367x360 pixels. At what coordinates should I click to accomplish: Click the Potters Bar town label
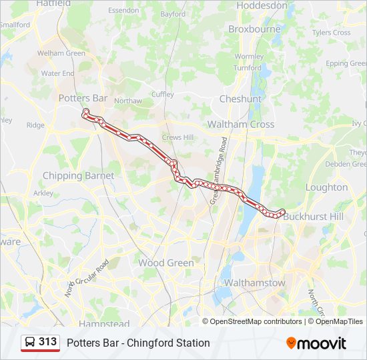83,98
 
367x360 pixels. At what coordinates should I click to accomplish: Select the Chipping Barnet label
78,176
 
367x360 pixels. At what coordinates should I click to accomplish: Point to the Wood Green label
166,263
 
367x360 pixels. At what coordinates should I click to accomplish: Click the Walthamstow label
254,283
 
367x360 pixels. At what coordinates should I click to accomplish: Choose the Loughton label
326,187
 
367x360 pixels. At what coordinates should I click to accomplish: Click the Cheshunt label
240,99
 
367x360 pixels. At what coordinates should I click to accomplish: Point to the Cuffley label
162,95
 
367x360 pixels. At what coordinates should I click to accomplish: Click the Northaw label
127,101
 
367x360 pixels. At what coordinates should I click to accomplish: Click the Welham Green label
61,53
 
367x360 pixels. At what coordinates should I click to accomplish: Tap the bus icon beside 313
30,342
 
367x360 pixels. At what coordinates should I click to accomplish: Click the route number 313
48,342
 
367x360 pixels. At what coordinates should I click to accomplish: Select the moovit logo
316,343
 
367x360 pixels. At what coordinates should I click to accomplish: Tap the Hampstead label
103,324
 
